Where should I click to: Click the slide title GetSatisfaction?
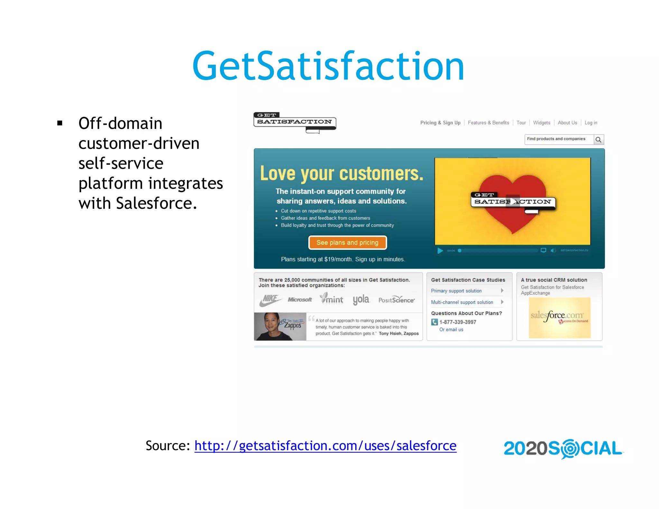[x=328, y=66]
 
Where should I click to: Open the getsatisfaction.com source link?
[x=325, y=446]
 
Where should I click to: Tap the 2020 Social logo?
[x=563, y=449]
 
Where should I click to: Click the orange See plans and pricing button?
[x=348, y=243]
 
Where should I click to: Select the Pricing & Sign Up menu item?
[x=440, y=123]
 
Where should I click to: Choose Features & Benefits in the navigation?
[x=488, y=123]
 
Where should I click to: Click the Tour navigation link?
[x=521, y=123]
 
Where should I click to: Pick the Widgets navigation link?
[x=542, y=123]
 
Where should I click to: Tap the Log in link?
[x=591, y=123]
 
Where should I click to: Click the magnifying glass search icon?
[x=599, y=140]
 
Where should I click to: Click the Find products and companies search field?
[x=559, y=139]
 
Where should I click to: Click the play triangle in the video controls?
[x=440, y=251]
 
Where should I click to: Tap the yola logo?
[x=361, y=300]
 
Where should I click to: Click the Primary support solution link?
[x=456, y=291]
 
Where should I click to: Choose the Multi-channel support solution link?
[x=462, y=302]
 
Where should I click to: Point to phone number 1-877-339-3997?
[x=458, y=322]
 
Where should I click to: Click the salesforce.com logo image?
[x=560, y=318]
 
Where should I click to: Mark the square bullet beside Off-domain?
[x=60, y=123]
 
